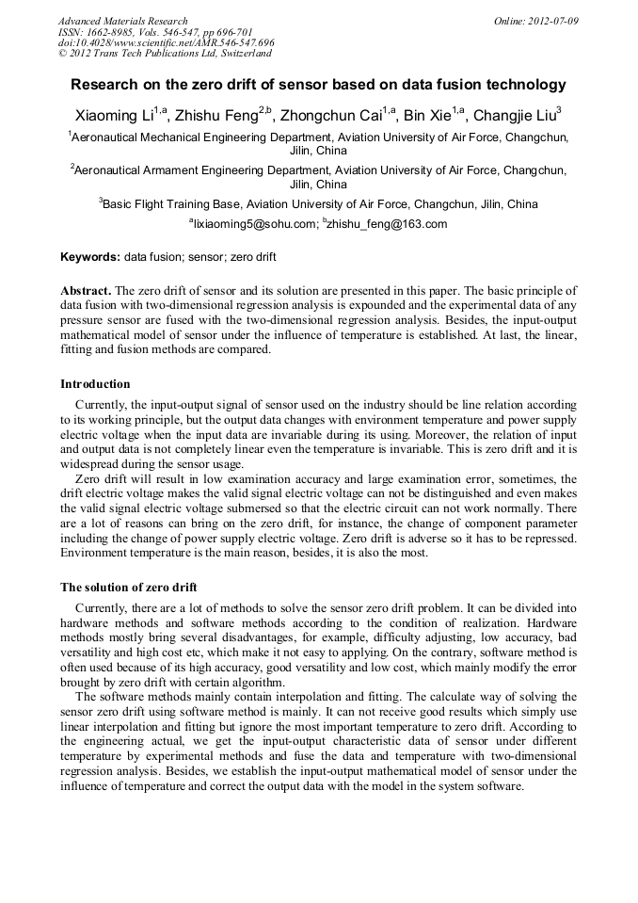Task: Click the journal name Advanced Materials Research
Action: pos(122,21)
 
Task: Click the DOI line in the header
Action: pos(166,42)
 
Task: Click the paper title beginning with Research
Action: pos(318,85)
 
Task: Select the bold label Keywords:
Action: pos(90,256)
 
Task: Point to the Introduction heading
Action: pos(95,384)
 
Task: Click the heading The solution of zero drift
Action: pos(128,587)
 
